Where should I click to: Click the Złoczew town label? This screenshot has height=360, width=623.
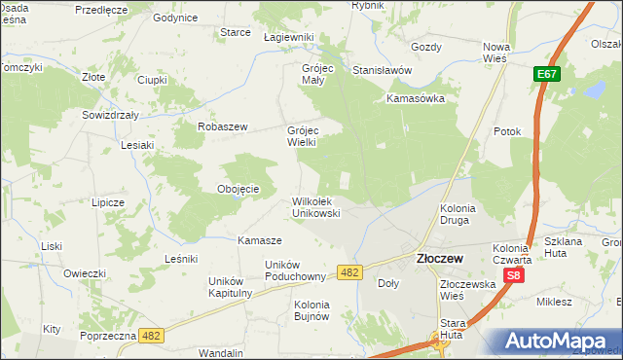(439, 259)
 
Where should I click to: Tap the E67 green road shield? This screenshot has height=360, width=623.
(546, 74)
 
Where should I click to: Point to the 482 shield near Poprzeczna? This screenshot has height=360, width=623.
(150, 335)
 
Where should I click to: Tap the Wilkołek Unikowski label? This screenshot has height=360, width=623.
(316, 207)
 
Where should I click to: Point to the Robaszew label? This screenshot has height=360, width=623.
(224, 126)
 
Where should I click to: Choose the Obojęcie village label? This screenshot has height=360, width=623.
(238, 189)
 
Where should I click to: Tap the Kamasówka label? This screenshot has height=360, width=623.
(415, 98)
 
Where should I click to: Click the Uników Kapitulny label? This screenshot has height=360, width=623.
(231, 287)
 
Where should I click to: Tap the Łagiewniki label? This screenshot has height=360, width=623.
(289, 37)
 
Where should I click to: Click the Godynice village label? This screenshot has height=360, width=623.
(175, 18)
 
